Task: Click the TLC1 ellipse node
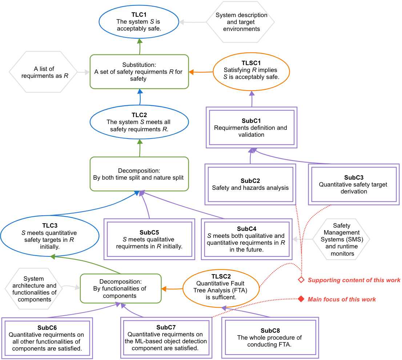tap(139, 22)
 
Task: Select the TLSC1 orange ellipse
tap(251, 72)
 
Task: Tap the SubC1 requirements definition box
tap(252, 127)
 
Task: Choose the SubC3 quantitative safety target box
tap(354, 184)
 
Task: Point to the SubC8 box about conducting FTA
tap(270, 338)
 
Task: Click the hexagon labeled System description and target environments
tap(241, 22)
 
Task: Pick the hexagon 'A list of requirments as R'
tap(43, 72)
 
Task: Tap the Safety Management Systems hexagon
tap(342, 239)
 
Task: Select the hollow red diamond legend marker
tap(301, 280)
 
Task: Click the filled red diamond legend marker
tap(301, 299)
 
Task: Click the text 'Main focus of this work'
tap(342, 299)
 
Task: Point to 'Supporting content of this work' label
tap(354, 280)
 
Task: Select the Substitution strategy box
tap(139, 72)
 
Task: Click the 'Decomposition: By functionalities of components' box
tap(121, 288)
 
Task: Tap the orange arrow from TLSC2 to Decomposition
tap(172, 289)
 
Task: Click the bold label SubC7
tap(166, 327)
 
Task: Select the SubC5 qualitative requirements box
tap(149, 239)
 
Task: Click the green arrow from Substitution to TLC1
tap(140, 47)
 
